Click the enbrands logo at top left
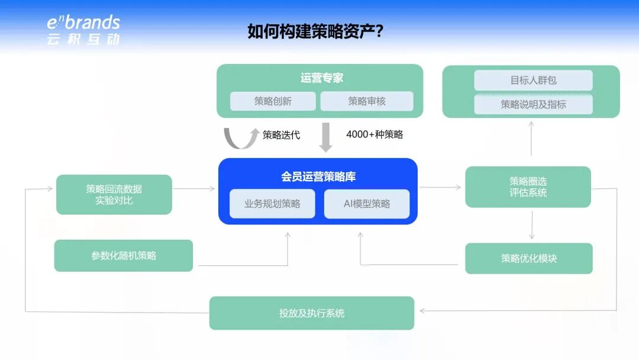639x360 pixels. pos(83,30)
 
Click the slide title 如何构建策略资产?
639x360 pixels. pos(315,31)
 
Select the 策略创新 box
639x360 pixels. pos(273,101)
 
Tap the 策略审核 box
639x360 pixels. pos(367,101)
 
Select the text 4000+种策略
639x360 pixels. pos(375,134)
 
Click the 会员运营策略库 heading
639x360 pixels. pos(318,176)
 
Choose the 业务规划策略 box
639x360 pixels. pos(272,204)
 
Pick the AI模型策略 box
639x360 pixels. pos(367,204)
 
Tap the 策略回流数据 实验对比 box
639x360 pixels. pos(114,194)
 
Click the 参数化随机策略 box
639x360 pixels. pos(124,256)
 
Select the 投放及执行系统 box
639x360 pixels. pos(312,313)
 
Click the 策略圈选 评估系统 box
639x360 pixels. pos(528,187)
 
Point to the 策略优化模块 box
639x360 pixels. pos(528,258)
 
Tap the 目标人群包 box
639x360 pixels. pos(533,81)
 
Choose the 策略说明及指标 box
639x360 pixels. pos(533,104)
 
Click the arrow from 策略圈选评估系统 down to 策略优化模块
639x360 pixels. pos(532,225)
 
